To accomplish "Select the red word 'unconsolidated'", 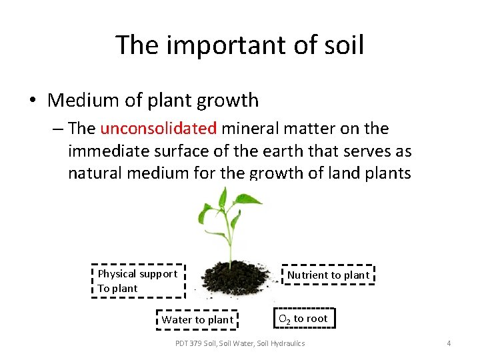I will (158, 128).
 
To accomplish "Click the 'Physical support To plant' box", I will (138, 281).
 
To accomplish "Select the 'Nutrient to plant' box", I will (327, 275).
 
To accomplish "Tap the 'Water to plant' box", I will (197, 319).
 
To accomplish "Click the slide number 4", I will (449, 343).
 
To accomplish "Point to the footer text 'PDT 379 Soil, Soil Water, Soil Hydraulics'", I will (240, 343).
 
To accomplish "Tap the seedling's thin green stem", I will (231, 240).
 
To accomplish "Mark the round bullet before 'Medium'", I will (33, 101).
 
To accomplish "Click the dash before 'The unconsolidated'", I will (58, 129).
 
